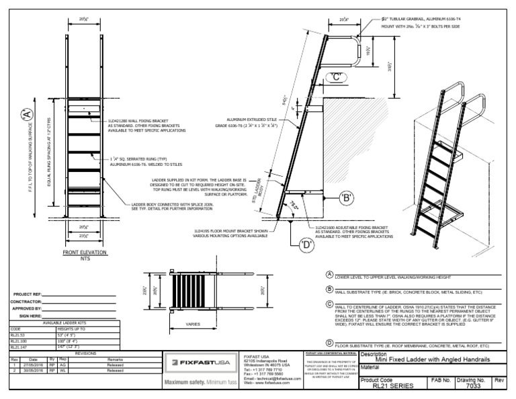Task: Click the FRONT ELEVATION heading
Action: click(85, 253)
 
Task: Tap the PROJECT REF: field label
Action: click(28, 294)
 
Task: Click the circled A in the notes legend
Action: click(329, 275)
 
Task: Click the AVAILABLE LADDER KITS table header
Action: click(64, 322)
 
